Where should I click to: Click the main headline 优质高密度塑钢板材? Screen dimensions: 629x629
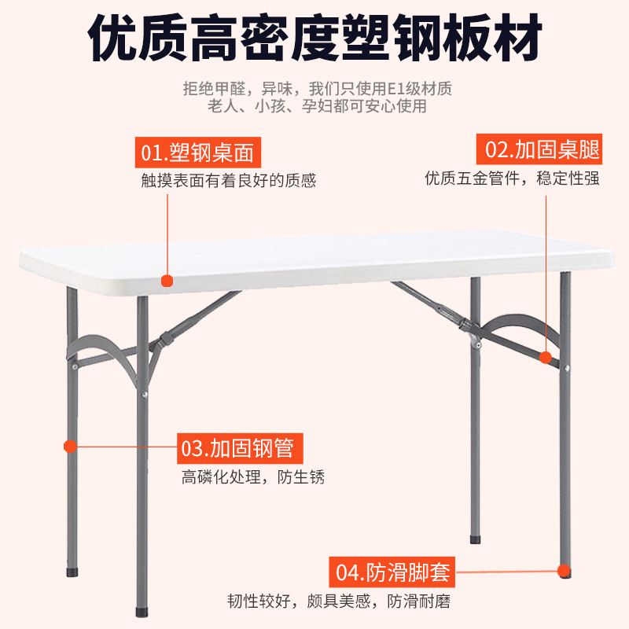coord(314,38)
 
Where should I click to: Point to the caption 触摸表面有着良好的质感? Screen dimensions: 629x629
coord(228,181)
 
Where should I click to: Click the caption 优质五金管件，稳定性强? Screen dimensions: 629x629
coord(512,178)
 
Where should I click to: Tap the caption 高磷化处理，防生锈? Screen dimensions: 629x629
coord(252,477)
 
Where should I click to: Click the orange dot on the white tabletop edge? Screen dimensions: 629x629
coord(166,279)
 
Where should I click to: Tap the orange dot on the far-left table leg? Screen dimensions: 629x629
coord(70,446)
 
